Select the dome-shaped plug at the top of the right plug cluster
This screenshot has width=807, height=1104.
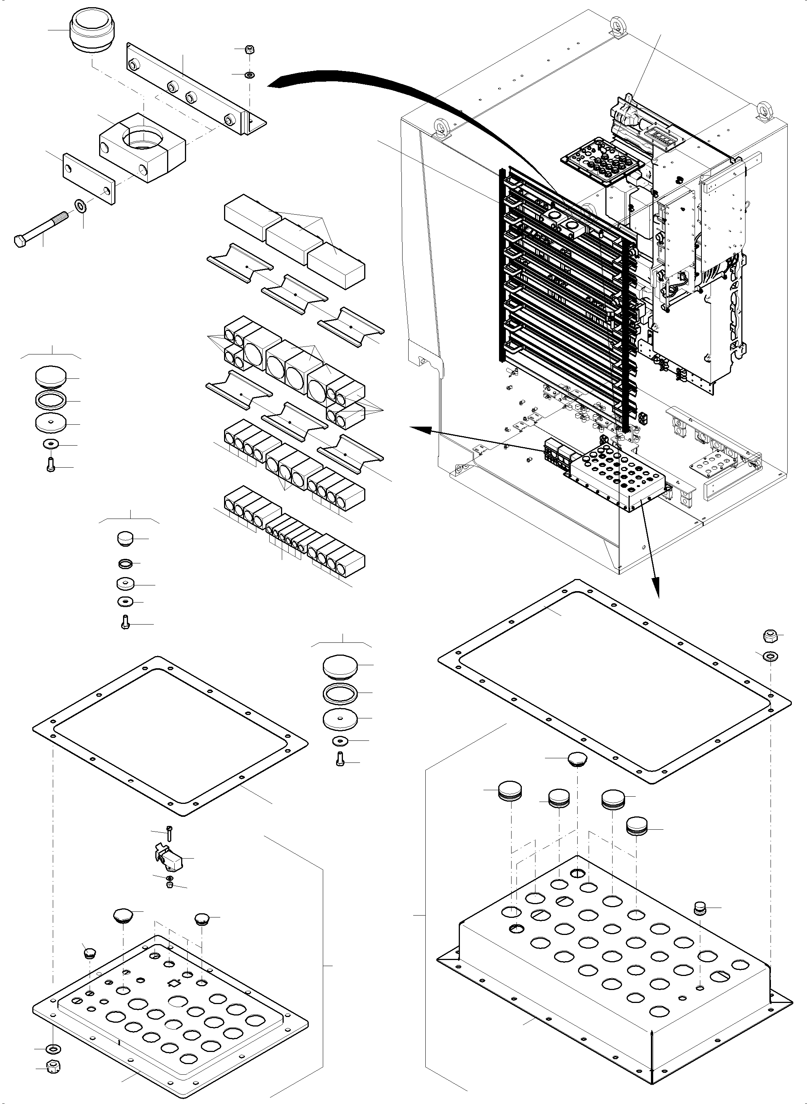click(x=577, y=759)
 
